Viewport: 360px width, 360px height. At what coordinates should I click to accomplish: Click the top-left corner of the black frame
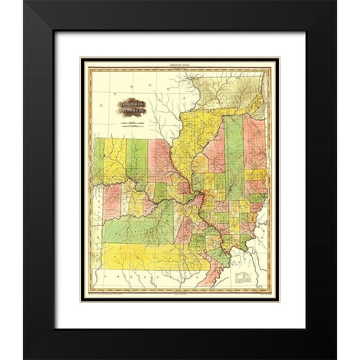click(25, 2)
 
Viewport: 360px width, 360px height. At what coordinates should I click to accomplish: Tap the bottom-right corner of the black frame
click(335, 358)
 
